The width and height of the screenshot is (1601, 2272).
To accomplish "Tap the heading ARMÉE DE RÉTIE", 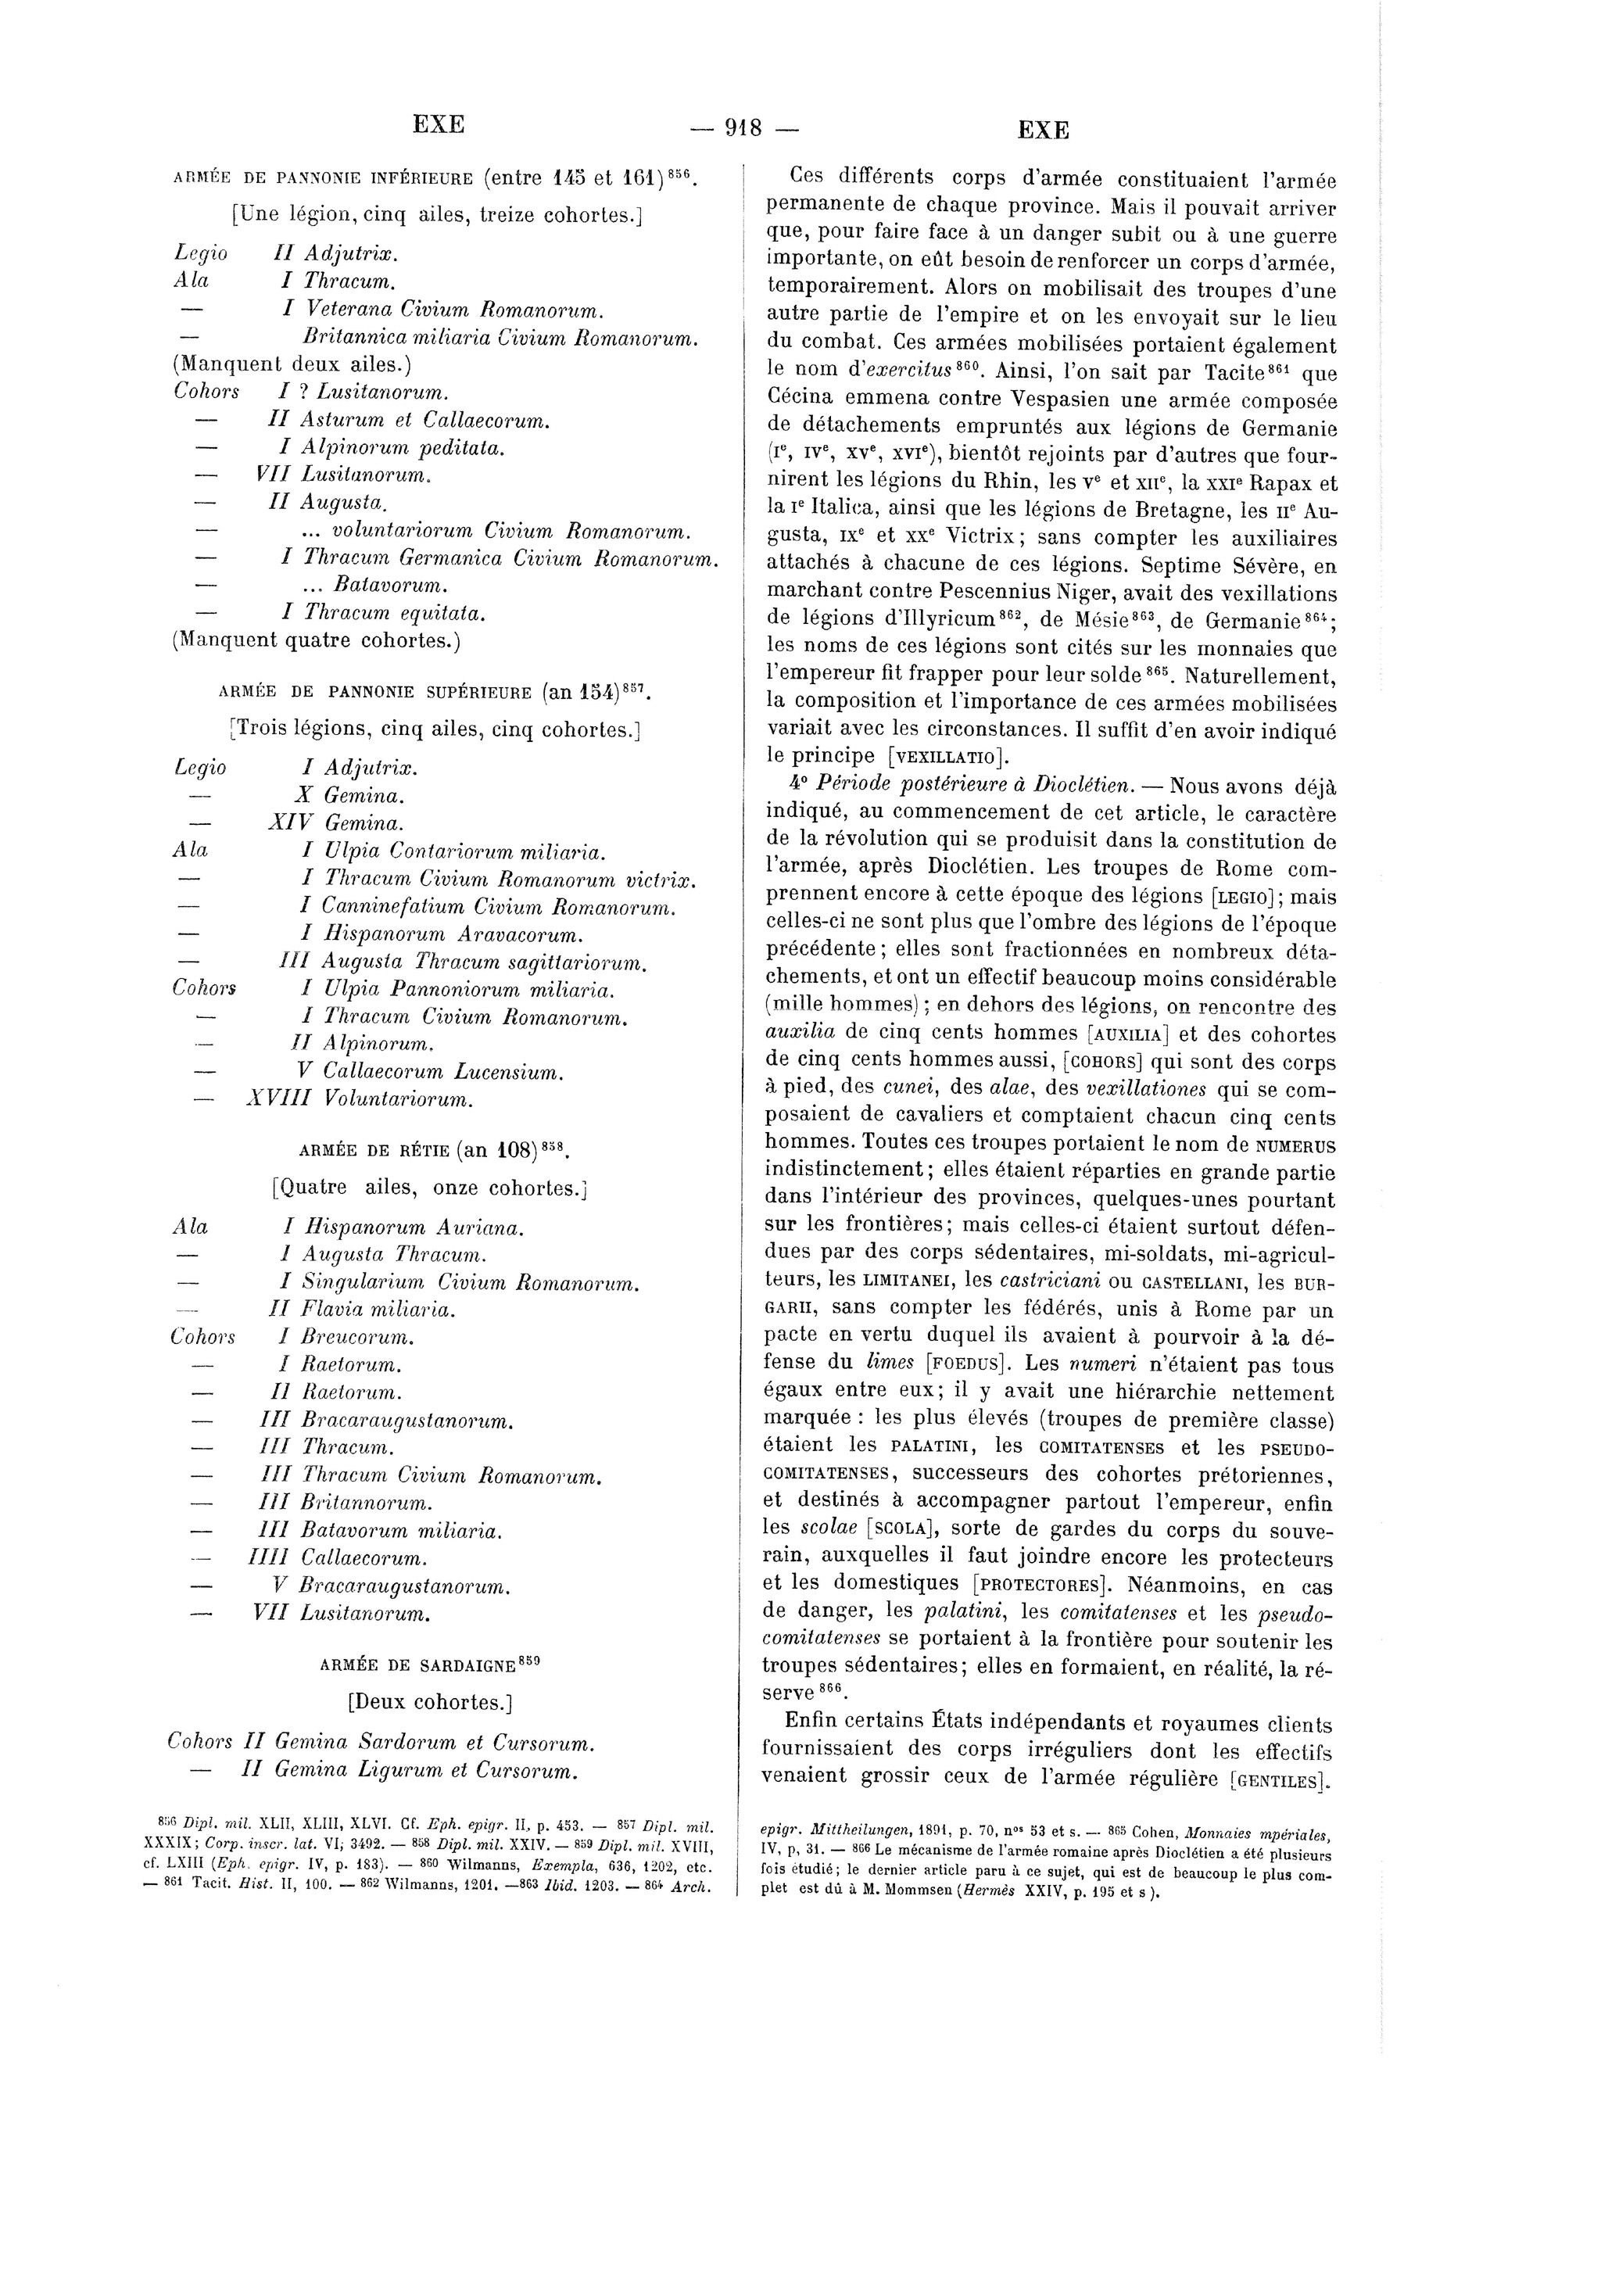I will [435, 1151].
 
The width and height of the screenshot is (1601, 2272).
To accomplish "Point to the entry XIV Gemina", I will [335, 822].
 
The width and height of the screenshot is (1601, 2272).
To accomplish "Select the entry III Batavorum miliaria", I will [380, 1531].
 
